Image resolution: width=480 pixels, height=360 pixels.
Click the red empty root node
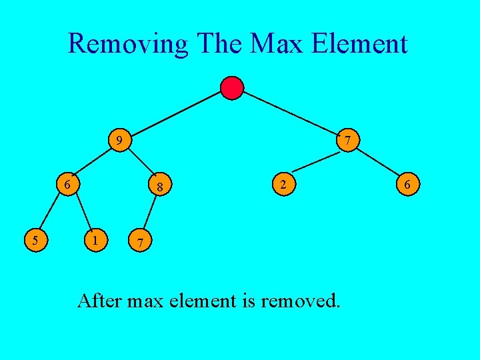(x=232, y=88)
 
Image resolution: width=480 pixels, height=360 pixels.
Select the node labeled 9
(x=119, y=141)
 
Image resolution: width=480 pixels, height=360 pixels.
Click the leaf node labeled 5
(x=35, y=238)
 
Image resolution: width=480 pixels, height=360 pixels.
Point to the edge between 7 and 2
(x=316, y=162)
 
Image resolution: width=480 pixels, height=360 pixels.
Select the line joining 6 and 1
(x=83, y=211)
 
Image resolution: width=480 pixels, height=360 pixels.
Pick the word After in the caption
(x=100, y=301)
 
